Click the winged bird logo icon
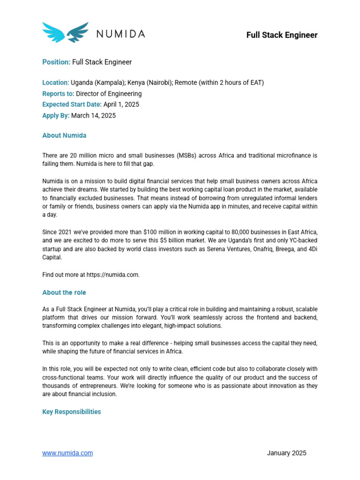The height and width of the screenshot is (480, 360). pyautogui.click(x=65, y=32)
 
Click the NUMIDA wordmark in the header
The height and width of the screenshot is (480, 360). pyautogui.click(x=120, y=34)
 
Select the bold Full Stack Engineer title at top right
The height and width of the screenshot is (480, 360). pyautogui.click(x=282, y=35)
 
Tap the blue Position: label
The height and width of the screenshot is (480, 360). pyautogui.click(x=56, y=62)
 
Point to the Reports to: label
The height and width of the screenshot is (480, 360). pyautogui.click(x=58, y=94)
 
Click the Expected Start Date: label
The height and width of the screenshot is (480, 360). pyautogui.click(x=72, y=105)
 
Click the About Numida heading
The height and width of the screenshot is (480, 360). pyautogui.click(x=64, y=135)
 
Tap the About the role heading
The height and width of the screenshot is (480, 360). pyautogui.click(x=64, y=292)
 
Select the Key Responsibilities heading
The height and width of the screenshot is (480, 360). pyautogui.click(x=71, y=412)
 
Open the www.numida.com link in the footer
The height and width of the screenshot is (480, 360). pyautogui.click(x=67, y=453)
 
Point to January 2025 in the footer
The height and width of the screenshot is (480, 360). pyautogui.click(x=286, y=453)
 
